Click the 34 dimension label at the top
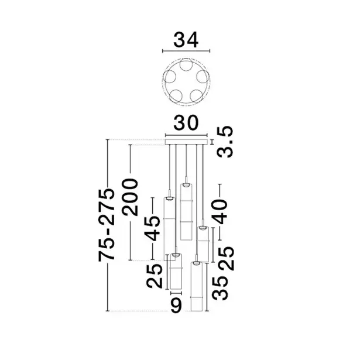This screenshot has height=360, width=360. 186,40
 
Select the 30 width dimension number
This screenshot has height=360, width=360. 186,123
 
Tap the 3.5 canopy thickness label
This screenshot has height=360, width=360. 225,142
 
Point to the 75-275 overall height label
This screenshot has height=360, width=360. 107,224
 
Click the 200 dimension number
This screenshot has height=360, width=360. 130,197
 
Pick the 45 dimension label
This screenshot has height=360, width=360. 152,228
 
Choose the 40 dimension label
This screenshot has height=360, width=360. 220,212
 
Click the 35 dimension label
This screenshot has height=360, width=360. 220,288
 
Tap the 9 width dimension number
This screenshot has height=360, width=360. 176,306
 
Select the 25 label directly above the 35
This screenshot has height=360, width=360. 227,258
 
